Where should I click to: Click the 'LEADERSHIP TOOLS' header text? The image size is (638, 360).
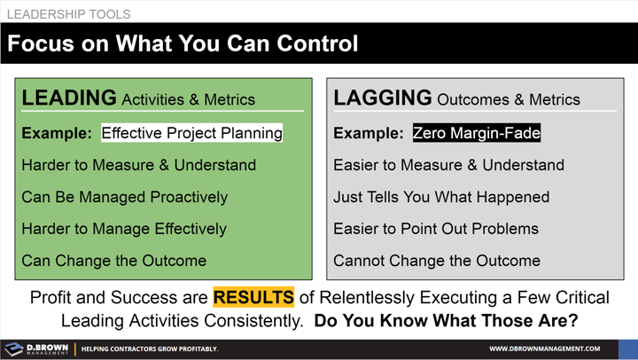tap(68, 14)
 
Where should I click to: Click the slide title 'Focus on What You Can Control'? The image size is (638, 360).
tap(183, 43)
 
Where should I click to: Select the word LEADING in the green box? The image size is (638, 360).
tap(69, 98)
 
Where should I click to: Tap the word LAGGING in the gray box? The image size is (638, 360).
tap(383, 98)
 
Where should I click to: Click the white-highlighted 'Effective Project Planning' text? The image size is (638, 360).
tap(191, 133)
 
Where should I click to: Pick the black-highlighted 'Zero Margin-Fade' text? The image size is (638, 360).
tap(477, 133)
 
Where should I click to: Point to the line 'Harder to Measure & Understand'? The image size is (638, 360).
tap(138, 165)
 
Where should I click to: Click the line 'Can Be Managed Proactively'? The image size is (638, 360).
tap(124, 197)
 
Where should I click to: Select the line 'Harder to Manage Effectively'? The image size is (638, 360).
tap(124, 229)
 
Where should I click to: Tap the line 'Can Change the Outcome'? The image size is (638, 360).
tap(113, 261)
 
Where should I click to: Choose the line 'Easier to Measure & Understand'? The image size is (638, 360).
tap(448, 165)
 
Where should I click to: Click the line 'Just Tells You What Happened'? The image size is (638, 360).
tap(441, 197)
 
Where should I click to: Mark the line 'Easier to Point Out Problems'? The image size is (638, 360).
tap(436, 229)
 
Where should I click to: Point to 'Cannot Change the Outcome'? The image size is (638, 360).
tap(437, 261)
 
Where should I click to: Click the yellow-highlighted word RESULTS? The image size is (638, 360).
tap(253, 297)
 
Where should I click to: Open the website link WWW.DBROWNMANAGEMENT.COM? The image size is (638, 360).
tap(544, 348)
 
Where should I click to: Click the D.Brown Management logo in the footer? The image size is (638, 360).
tap(35, 348)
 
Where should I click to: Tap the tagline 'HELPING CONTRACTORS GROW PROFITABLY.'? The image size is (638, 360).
tap(150, 348)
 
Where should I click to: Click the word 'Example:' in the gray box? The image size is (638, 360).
tap(369, 133)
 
